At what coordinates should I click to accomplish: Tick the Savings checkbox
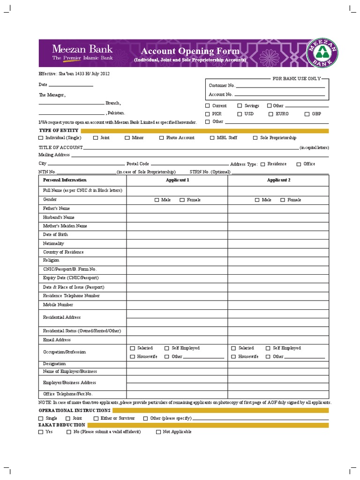coord(240,106)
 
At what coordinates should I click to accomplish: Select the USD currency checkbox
coord(240,114)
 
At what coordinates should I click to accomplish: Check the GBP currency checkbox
coord(307,114)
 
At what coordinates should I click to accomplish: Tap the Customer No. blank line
coord(280,86)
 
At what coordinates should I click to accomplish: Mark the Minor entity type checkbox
coord(127,138)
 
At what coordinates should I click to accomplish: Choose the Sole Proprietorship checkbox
coord(255,138)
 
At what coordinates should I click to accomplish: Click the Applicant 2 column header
coord(278,180)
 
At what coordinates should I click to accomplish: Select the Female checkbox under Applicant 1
coord(182,200)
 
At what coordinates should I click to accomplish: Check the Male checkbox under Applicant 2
coord(257,200)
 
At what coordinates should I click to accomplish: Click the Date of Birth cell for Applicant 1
coord(177,234)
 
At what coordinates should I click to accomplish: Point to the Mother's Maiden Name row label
coord(65,226)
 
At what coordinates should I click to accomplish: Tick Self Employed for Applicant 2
coord(268,348)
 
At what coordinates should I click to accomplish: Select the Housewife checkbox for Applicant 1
coord(133,357)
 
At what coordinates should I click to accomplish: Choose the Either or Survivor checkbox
coord(96,418)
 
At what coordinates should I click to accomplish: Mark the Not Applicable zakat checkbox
coord(158,432)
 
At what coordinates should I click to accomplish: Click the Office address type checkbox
coord(299,164)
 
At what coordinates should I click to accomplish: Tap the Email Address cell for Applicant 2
coord(278,340)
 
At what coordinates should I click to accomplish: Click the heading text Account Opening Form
coord(190,51)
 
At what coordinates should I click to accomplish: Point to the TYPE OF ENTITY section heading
coord(59,130)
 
